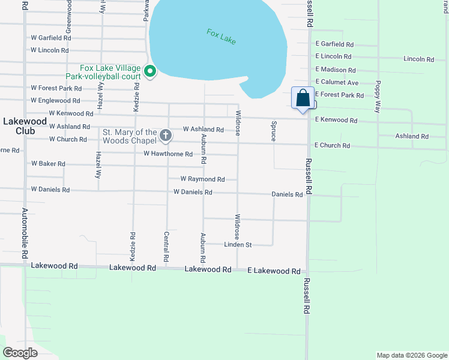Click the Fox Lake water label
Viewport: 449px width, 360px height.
pos(221,36)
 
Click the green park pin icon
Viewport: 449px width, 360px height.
pos(149,71)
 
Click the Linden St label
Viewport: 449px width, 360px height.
pos(238,245)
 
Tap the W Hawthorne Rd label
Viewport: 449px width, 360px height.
pos(167,154)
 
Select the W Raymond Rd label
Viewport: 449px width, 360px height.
pos(202,179)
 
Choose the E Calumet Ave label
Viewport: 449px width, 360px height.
pos(337,82)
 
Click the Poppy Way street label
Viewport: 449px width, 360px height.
pos(378,97)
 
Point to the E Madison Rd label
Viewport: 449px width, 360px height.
pos(336,70)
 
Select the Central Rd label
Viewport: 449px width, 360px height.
pos(166,247)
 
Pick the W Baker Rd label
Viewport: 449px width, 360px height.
pos(48,164)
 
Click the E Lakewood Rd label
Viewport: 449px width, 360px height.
pos(274,271)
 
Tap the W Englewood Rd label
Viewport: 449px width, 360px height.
pos(55,100)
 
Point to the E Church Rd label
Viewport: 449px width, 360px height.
pos(332,145)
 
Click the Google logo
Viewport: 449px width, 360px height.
pos(20,353)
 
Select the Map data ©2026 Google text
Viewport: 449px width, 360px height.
pos(411,355)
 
